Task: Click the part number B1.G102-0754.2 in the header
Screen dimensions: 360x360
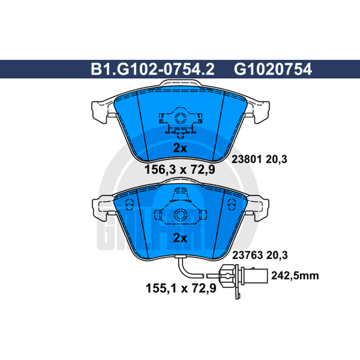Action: tap(153, 69)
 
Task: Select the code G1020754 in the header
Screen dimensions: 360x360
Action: tap(273, 69)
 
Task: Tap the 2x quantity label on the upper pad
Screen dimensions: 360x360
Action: tap(180, 148)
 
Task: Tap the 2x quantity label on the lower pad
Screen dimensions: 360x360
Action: tap(180, 238)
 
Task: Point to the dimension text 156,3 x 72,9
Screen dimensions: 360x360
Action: tap(180, 170)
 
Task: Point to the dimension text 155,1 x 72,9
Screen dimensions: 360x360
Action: tap(181, 288)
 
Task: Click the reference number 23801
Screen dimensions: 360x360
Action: tap(247, 159)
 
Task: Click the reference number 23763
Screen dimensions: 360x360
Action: tap(247, 255)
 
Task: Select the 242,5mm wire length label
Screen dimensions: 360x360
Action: tap(295, 275)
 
